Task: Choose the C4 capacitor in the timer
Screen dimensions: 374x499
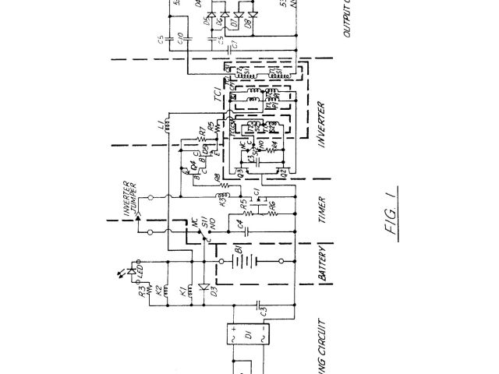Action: (249, 230)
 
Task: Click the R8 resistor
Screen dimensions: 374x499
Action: (222, 185)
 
